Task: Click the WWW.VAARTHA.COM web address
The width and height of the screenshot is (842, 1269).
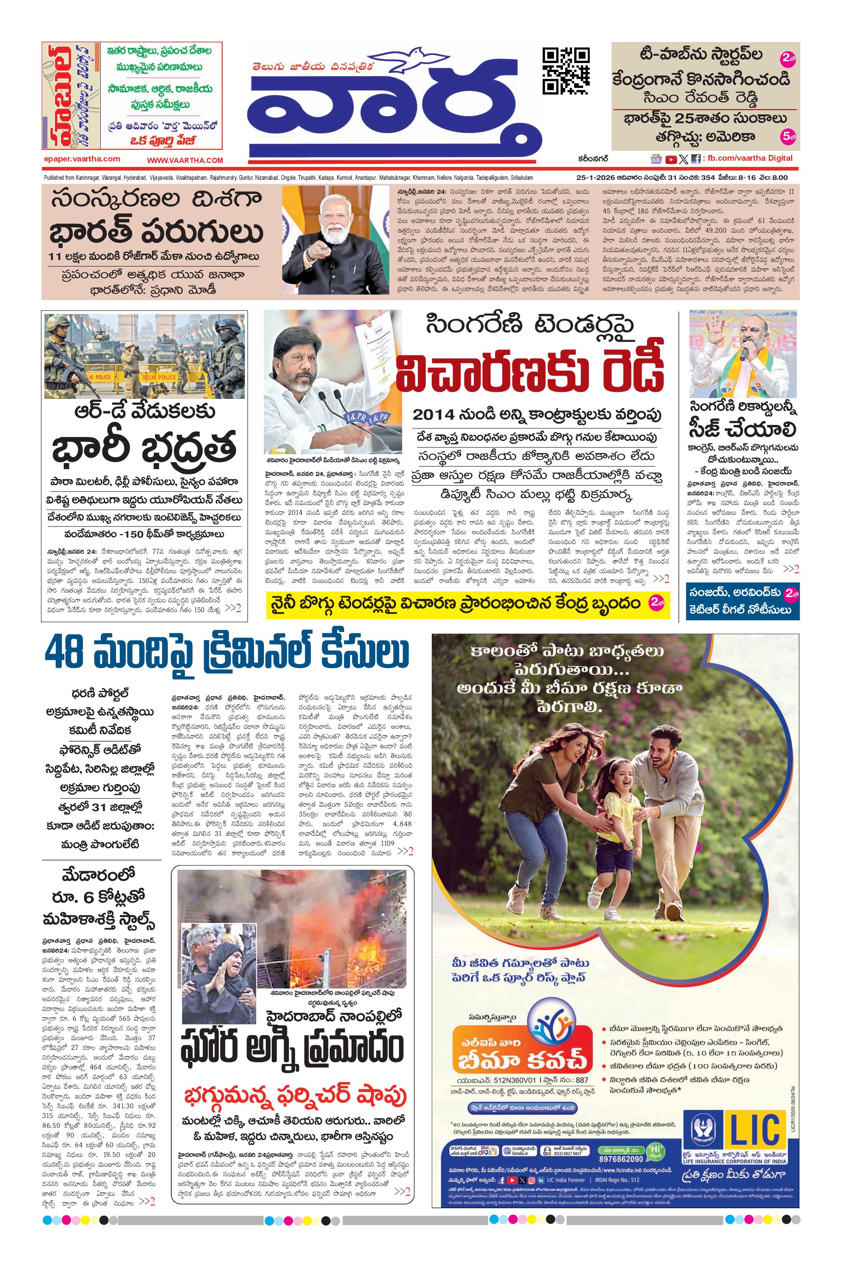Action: pyautogui.click(x=185, y=160)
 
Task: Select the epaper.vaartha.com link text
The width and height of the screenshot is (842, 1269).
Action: pyautogui.click(x=82, y=159)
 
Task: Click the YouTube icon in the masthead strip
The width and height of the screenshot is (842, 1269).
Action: pyautogui.click(x=671, y=159)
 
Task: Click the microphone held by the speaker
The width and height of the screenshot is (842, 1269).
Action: pyautogui.click(x=744, y=353)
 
